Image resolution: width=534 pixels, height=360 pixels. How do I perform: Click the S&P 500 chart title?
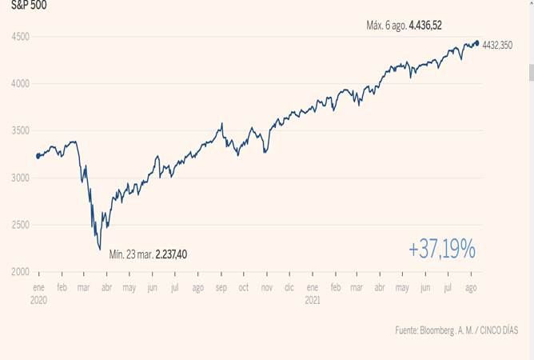click(x=28, y=5)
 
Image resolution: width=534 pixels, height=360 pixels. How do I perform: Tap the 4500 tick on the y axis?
click(x=21, y=37)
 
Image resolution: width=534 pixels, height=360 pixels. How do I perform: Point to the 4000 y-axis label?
click(x=21, y=83)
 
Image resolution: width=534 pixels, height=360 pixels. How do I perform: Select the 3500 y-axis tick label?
click(x=21, y=130)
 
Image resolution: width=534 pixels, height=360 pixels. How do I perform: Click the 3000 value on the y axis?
click(x=21, y=178)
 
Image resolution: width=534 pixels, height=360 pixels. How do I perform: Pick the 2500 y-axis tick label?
click(x=21, y=225)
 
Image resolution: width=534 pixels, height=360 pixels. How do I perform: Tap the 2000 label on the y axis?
click(x=21, y=272)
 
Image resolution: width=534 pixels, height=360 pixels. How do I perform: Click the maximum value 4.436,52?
click(x=425, y=26)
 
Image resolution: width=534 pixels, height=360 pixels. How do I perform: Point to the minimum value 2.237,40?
click(x=172, y=254)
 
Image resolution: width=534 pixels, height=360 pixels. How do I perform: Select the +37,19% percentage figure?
click(x=442, y=250)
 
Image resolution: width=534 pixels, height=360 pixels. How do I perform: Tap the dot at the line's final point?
click(x=477, y=43)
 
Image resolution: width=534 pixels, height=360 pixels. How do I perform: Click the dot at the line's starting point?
click(x=38, y=156)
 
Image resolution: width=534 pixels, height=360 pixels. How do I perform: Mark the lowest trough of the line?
click(x=100, y=249)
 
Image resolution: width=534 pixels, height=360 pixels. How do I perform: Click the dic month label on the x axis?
click(x=289, y=286)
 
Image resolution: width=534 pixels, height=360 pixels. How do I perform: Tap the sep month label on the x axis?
click(x=221, y=286)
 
